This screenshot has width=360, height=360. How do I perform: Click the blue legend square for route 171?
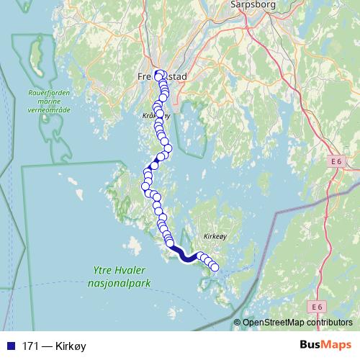point(10,346)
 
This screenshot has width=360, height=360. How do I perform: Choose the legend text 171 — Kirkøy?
point(54,346)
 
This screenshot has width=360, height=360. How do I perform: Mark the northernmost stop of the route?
point(159,73)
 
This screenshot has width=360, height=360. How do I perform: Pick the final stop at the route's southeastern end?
point(214,268)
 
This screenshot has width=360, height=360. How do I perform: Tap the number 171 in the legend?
point(31,346)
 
